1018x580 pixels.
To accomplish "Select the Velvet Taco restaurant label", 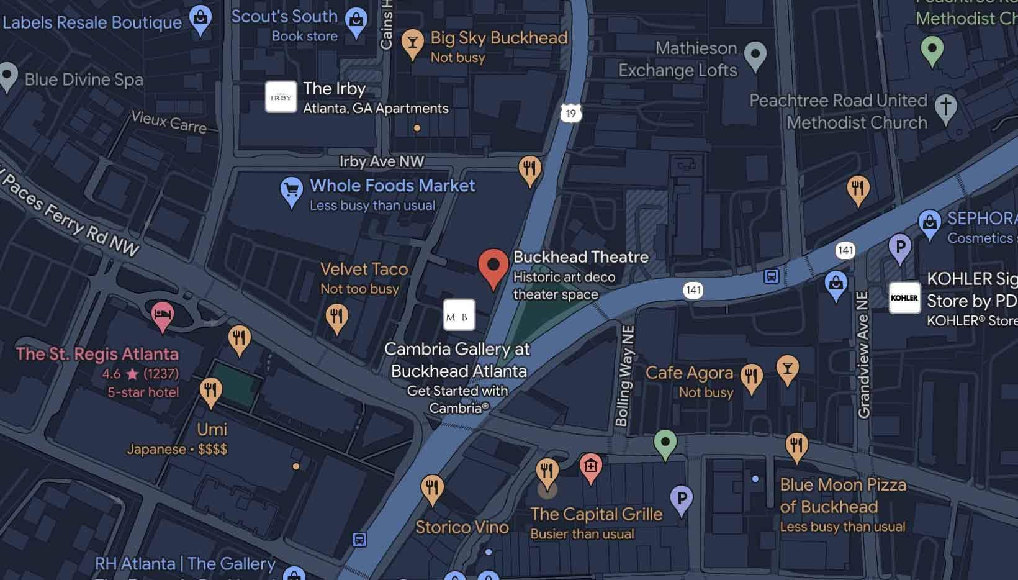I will (x=364, y=270).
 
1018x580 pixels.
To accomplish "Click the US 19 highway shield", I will (x=570, y=113).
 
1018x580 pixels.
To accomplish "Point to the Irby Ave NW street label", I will (x=381, y=161).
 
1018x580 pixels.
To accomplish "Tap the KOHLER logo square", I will (x=904, y=298).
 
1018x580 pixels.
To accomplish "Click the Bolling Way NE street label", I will (x=625, y=376).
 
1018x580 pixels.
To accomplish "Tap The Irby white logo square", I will (x=281, y=97).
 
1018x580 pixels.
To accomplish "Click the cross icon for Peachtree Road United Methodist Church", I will (x=945, y=107).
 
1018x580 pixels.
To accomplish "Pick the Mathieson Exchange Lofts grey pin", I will (x=755, y=56).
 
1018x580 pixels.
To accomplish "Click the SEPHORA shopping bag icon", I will (x=929, y=222).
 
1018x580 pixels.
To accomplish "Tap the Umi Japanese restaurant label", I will (x=212, y=429).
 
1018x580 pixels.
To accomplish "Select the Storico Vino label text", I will (x=462, y=527).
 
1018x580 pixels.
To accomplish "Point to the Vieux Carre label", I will (x=169, y=122).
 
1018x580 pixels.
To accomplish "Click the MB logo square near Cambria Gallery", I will (x=459, y=315).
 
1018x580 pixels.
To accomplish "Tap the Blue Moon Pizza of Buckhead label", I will (x=842, y=496).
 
